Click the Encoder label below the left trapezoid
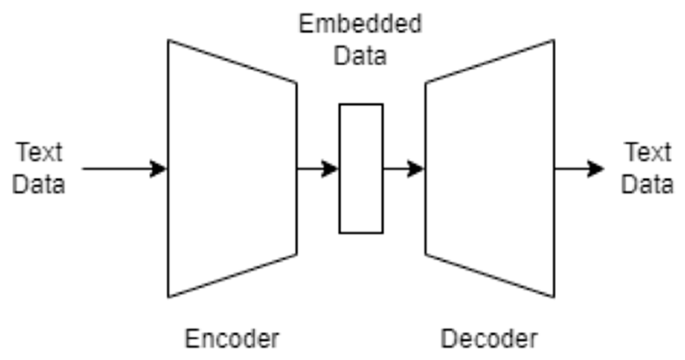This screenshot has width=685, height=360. tap(232, 339)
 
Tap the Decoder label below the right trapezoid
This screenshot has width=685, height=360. tap(489, 339)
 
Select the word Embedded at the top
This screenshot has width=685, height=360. tap(360, 24)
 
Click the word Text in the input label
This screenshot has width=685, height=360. tap(39, 152)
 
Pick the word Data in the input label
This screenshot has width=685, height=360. tap(39, 184)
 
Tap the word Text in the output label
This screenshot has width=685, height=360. tap(648, 152)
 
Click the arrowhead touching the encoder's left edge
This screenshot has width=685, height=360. tap(158, 168)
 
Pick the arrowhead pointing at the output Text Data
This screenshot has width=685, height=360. tap(596, 168)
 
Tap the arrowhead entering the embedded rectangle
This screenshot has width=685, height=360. tap(330, 168)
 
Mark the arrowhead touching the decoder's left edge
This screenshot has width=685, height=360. tap(416, 168)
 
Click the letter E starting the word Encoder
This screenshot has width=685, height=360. tap(192, 339)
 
